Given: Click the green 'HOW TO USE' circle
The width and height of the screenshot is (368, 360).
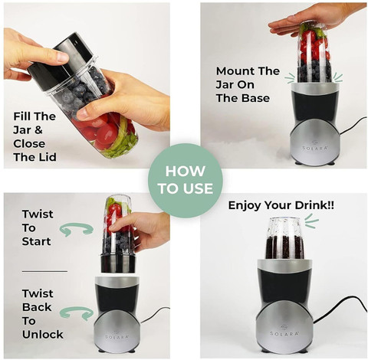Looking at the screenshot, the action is pyautogui.click(x=186, y=181).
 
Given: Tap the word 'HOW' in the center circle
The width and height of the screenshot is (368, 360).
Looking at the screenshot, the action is pyautogui.click(x=186, y=172).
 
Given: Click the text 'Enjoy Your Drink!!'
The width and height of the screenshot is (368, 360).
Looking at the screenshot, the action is pyautogui.click(x=281, y=205).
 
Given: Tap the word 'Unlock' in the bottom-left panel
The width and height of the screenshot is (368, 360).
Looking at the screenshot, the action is pyautogui.click(x=43, y=335).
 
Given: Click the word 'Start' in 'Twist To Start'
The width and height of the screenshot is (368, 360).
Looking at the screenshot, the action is pyautogui.click(x=37, y=241).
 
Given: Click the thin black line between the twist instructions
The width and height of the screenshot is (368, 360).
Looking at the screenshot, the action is pyautogui.click(x=44, y=271).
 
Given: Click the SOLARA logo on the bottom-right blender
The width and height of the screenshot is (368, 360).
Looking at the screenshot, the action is pyautogui.click(x=284, y=332).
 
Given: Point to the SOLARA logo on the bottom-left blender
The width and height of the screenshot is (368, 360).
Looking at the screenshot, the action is pyautogui.click(x=117, y=336).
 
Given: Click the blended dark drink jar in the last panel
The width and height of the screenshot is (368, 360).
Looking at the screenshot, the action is pyautogui.click(x=285, y=238).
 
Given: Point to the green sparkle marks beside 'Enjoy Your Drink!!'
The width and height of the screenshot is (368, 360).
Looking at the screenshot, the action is pyautogui.click(x=311, y=221).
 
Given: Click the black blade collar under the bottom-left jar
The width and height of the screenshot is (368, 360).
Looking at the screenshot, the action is pyautogui.click(x=118, y=263).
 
